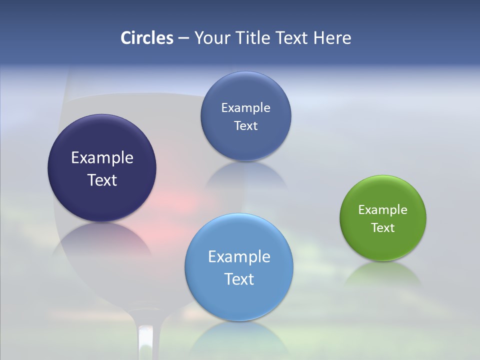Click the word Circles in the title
[146, 38]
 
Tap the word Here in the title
[332, 38]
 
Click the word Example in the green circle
[382, 210]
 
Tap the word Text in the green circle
[383, 228]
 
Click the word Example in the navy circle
[102, 158]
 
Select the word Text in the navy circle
[102, 180]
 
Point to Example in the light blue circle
[239, 257]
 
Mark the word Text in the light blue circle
[239, 279]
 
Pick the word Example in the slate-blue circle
[245, 108]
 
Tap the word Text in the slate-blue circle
[245, 126]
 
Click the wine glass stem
[145, 342]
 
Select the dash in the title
[183, 38]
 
